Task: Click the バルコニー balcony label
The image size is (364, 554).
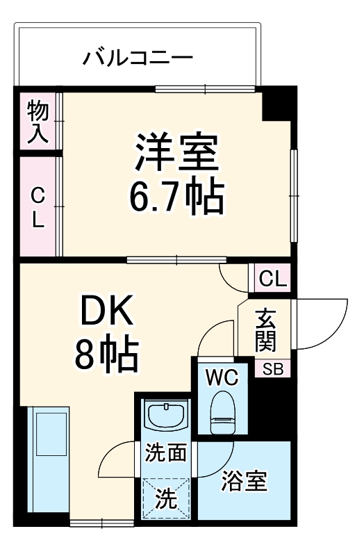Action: [138, 56]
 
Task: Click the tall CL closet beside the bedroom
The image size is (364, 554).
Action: [38, 206]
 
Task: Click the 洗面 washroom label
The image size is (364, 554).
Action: [165, 453]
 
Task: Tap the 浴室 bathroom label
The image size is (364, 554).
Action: [245, 482]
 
